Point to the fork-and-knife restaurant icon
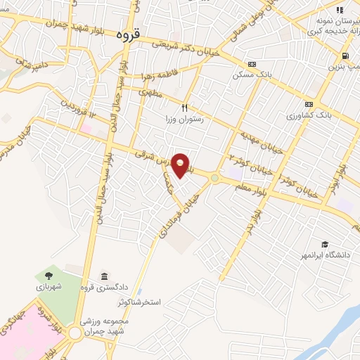(184, 108)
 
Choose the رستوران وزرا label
(184, 120)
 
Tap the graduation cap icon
(324, 244)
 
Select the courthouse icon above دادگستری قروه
(104, 275)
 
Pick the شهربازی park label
(50, 288)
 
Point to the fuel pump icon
(345, 56)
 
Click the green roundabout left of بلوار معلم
(214, 178)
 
